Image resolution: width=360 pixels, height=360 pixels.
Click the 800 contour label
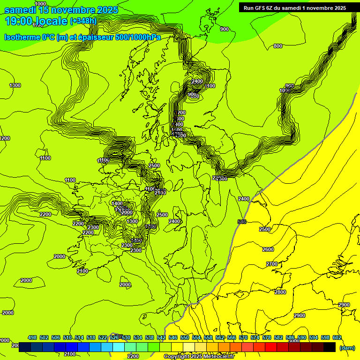tap(278, 46)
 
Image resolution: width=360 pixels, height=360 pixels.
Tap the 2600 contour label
tap(268, 249)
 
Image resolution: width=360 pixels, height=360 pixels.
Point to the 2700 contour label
tap(272, 264)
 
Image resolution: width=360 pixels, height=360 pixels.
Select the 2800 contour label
tap(280, 292)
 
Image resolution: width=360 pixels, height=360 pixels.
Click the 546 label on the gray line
tap(242, 222)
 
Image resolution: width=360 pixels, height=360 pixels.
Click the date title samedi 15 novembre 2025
tap(61, 10)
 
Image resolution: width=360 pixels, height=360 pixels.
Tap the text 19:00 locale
tap(36, 21)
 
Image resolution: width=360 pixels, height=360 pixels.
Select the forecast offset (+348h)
tap(83, 21)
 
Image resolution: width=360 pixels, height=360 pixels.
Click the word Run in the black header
tap(248, 7)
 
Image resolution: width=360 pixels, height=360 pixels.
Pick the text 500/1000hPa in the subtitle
tap(138, 37)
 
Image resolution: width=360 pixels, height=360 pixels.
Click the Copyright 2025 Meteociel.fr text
tap(199, 356)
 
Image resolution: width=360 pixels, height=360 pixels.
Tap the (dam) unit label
tap(347, 347)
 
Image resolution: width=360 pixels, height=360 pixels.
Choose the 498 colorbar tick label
tap(32, 337)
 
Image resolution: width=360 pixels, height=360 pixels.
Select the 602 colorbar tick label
tap(337, 337)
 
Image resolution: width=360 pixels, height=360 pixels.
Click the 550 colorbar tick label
tap(185, 337)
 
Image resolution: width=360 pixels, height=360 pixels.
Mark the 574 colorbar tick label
tap(255, 337)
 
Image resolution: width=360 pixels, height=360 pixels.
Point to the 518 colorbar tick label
tap(91, 337)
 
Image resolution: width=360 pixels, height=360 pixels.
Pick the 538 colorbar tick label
tap(150, 337)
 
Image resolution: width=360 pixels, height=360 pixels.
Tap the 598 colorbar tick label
tap(325, 337)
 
